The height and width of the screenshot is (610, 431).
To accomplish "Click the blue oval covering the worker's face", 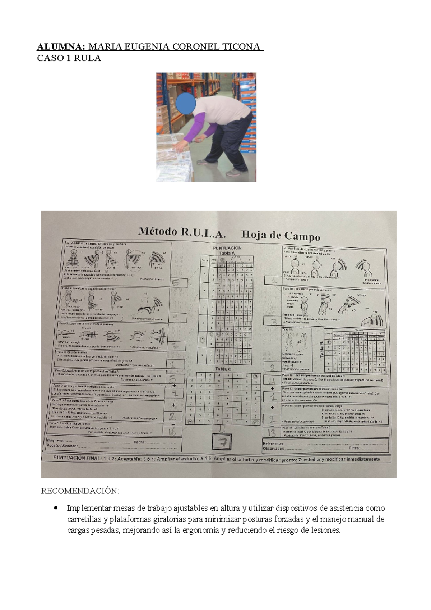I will point(186,101).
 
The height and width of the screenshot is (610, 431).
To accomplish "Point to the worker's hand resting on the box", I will point(180,145).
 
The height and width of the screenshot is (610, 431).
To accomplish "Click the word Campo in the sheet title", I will point(302,237).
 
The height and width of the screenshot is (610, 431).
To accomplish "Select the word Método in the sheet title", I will point(157,232).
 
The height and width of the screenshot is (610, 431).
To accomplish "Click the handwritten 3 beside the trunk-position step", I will point(274,321).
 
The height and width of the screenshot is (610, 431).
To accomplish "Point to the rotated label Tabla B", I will point(321,351).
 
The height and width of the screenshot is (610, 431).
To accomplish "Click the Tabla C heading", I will point(223,369).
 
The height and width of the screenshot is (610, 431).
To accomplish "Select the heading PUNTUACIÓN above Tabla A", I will point(227,248).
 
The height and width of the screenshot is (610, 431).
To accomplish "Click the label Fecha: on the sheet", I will point(139,442).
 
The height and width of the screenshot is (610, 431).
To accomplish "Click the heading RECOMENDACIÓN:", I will point(80,491).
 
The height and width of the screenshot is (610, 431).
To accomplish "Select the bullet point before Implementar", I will point(55,508).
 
